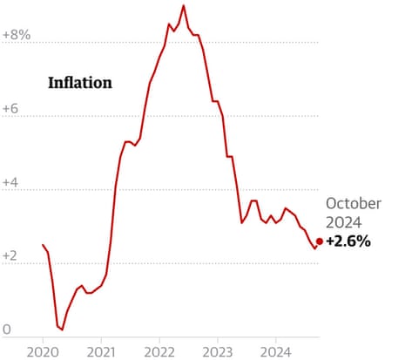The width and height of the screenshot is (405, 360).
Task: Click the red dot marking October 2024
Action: tap(320, 241)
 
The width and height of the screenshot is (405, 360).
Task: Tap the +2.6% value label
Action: tap(348, 241)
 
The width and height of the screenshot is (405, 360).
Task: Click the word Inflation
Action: tap(79, 84)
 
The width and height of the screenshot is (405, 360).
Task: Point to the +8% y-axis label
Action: tap(17, 35)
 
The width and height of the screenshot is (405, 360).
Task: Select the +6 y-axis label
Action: tap(12, 109)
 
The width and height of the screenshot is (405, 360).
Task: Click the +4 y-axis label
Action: tap(12, 182)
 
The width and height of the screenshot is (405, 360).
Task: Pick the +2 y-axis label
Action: tap(12, 256)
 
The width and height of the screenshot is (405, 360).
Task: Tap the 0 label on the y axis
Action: tap(7, 329)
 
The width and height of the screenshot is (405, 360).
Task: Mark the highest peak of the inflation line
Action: tap(183, 6)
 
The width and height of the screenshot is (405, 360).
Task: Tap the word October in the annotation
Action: tap(354, 203)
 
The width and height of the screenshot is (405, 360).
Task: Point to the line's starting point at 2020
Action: tap(43, 245)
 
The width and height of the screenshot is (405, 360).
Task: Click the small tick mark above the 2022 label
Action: tap(159, 339)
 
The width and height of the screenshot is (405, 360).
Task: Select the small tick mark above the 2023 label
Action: tap(217, 339)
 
